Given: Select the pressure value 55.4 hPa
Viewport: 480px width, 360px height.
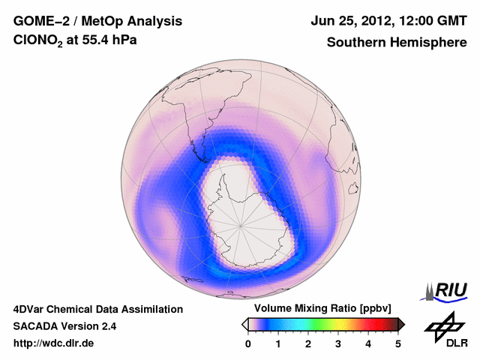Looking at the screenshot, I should tap(115, 43).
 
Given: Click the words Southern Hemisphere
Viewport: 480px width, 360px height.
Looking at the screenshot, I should tap(396, 43).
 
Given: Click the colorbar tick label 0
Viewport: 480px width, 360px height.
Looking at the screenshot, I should tap(248, 343).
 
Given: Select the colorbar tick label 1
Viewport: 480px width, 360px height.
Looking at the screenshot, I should tap(278, 343).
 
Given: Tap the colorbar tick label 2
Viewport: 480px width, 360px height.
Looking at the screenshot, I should tap(308, 343).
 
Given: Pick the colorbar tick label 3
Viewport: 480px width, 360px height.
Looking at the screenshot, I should tap(338, 343).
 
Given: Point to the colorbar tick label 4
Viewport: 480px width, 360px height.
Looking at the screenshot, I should tap(368, 343).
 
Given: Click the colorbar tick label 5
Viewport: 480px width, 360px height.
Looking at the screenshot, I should tap(398, 343).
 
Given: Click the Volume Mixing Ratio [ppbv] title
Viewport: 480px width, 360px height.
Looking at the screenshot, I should tap(319, 309).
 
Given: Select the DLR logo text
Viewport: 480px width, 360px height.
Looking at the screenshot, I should tap(456, 343).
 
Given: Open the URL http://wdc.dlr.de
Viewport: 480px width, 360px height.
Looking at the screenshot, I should tap(53, 344).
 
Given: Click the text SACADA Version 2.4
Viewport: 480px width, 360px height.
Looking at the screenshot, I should tap(64, 326).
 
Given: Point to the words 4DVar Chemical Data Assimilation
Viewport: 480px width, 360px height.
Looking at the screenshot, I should tap(97, 309).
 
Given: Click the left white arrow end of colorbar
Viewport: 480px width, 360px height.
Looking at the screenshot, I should tap(244, 324).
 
